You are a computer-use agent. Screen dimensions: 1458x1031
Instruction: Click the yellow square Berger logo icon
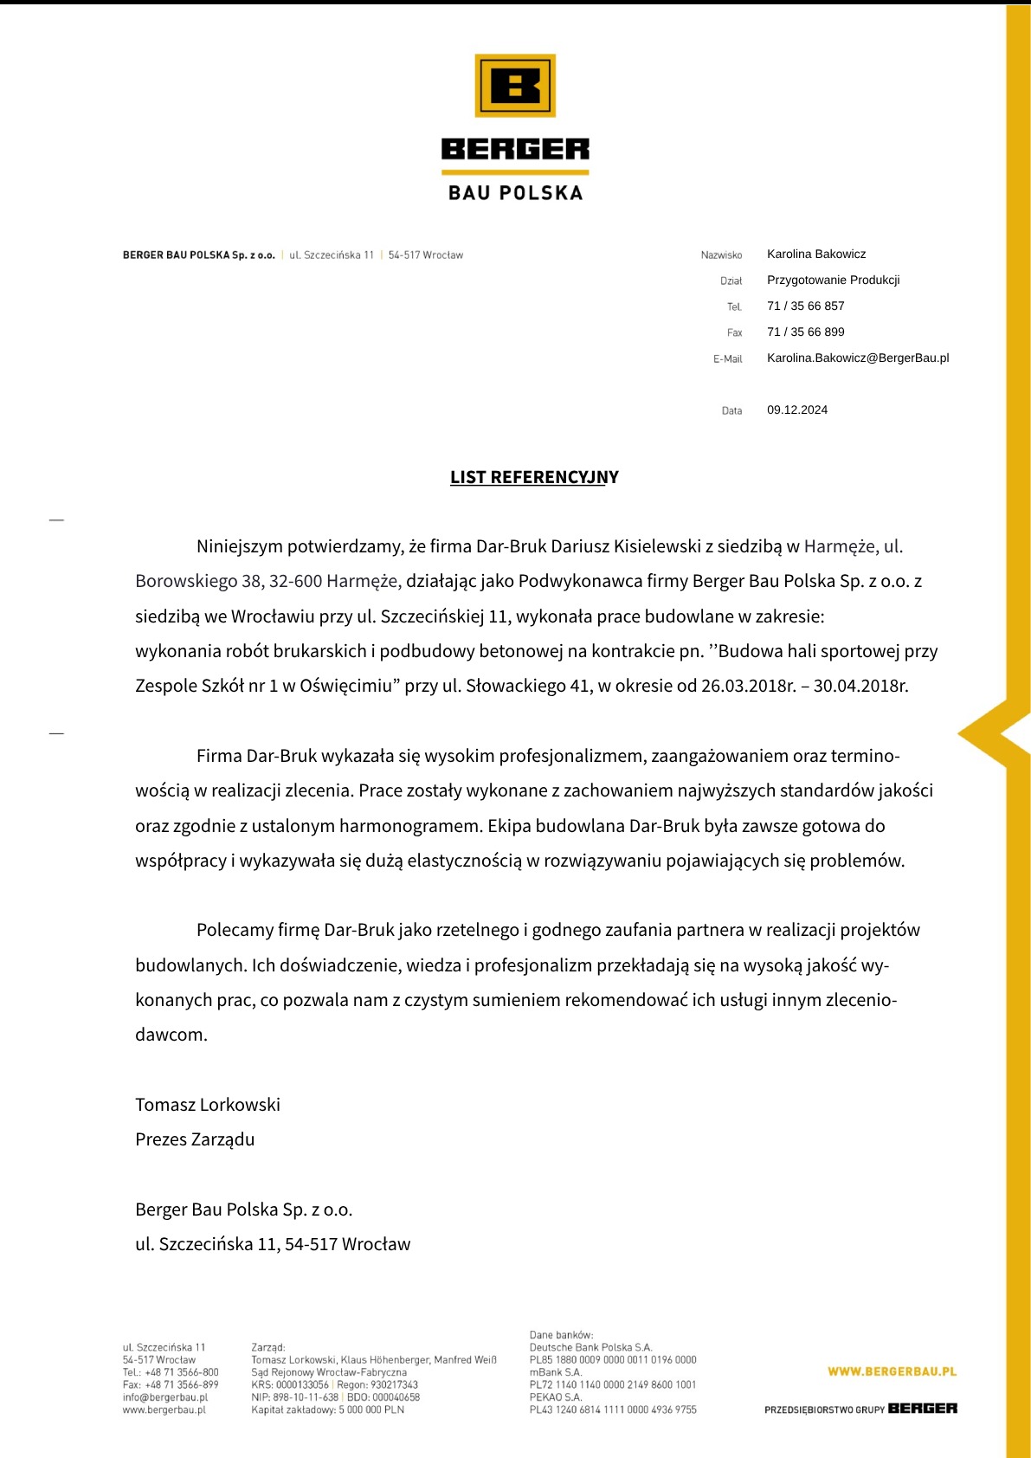click(x=515, y=86)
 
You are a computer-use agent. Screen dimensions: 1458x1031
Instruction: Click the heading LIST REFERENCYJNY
click(x=534, y=477)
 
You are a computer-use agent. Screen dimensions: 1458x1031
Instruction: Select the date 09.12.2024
click(x=796, y=410)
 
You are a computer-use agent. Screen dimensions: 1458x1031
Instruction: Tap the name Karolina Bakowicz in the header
click(x=815, y=255)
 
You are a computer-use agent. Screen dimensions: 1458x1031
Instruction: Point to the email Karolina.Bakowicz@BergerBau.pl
click(x=857, y=358)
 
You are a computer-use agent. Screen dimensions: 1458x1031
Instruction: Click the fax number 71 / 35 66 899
click(x=805, y=332)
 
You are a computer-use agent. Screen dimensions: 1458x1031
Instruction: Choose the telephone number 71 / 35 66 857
click(x=805, y=306)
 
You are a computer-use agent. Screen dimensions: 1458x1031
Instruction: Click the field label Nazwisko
click(x=721, y=255)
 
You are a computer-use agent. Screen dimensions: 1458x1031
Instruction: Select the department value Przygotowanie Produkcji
click(x=833, y=281)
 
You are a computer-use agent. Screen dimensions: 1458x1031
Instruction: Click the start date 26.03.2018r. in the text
click(x=748, y=687)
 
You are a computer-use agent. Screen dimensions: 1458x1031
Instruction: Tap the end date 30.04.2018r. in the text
click(x=860, y=687)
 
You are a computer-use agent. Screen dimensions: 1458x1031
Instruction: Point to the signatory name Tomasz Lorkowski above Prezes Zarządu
click(x=208, y=1105)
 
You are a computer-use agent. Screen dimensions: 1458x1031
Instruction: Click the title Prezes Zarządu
click(x=195, y=1139)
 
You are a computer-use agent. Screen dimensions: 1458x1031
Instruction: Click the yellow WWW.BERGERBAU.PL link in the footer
click(x=892, y=1371)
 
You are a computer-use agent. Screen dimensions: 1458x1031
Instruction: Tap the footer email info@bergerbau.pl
click(x=165, y=1397)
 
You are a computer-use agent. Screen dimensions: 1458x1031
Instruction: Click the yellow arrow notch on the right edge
click(x=987, y=733)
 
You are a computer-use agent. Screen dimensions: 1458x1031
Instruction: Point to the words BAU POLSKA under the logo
click(x=515, y=192)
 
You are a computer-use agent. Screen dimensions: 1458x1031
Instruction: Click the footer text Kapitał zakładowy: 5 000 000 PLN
click(x=327, y=1410)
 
